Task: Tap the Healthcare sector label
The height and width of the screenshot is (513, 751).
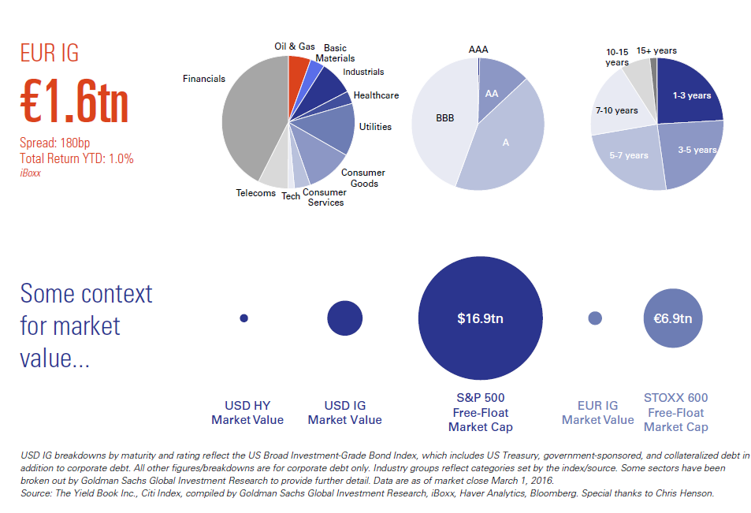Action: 376,95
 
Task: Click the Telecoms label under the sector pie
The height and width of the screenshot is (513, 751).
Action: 255,193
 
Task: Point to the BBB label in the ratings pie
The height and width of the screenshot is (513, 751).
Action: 445,119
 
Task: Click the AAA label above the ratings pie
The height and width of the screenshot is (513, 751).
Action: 478,50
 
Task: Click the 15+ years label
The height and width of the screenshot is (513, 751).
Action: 656,50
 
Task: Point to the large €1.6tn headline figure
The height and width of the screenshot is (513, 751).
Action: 74,99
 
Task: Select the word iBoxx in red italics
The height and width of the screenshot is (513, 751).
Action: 32,172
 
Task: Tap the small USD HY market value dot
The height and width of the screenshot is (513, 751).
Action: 244,318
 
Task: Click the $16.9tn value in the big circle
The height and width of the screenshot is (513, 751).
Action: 480,319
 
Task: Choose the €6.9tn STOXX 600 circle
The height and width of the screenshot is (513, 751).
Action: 673,319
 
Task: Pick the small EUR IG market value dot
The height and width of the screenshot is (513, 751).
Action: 595,318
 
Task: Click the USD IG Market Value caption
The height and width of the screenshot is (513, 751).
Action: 344,413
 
